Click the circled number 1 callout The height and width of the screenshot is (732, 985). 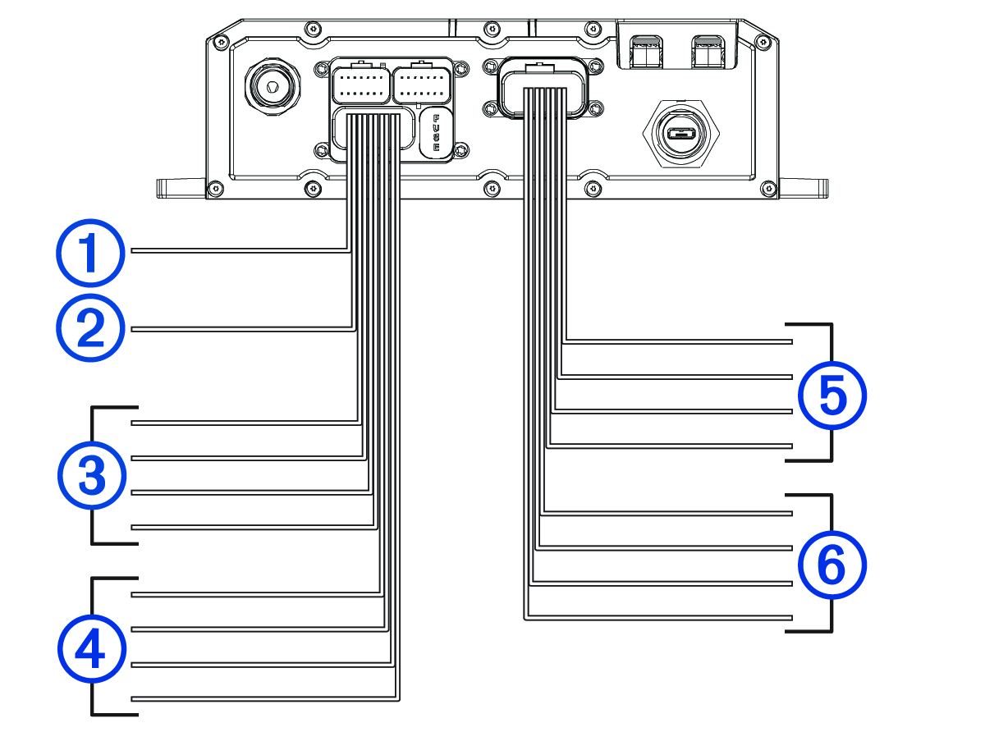pos(90,251)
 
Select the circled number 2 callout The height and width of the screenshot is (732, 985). pos(90,328)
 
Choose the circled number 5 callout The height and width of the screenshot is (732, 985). pos(832,397)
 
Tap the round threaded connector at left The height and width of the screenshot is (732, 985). pos(268,85)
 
